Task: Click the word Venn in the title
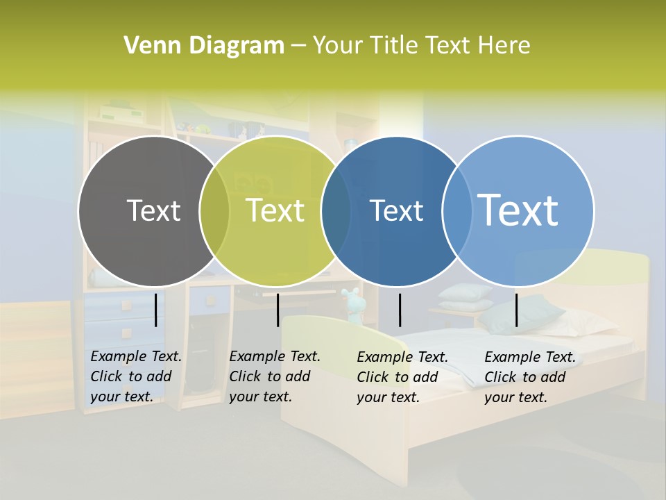[x=146, y=46]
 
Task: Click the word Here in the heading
[x=505, y=46]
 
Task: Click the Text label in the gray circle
[x=153, y=210]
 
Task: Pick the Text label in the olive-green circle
[x=275, y=210]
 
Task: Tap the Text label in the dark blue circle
[x=396, y=210]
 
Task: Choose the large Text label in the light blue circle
[x=518, y=210]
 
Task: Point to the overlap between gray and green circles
[x=214, y=211]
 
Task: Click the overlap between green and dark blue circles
[x=336, y=211]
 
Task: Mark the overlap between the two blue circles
[x=457, y=211]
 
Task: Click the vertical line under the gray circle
[x=156, y=310]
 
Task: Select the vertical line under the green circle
[x=277, y=310]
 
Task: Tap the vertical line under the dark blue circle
[x=400, y=310]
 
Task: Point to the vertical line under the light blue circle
[x=516, y=310]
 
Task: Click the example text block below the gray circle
[x=136, y=376]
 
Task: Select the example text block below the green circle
[x=275, y=376]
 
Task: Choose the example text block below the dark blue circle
[x=402, y=377]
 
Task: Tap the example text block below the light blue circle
[x=530, y=377]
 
